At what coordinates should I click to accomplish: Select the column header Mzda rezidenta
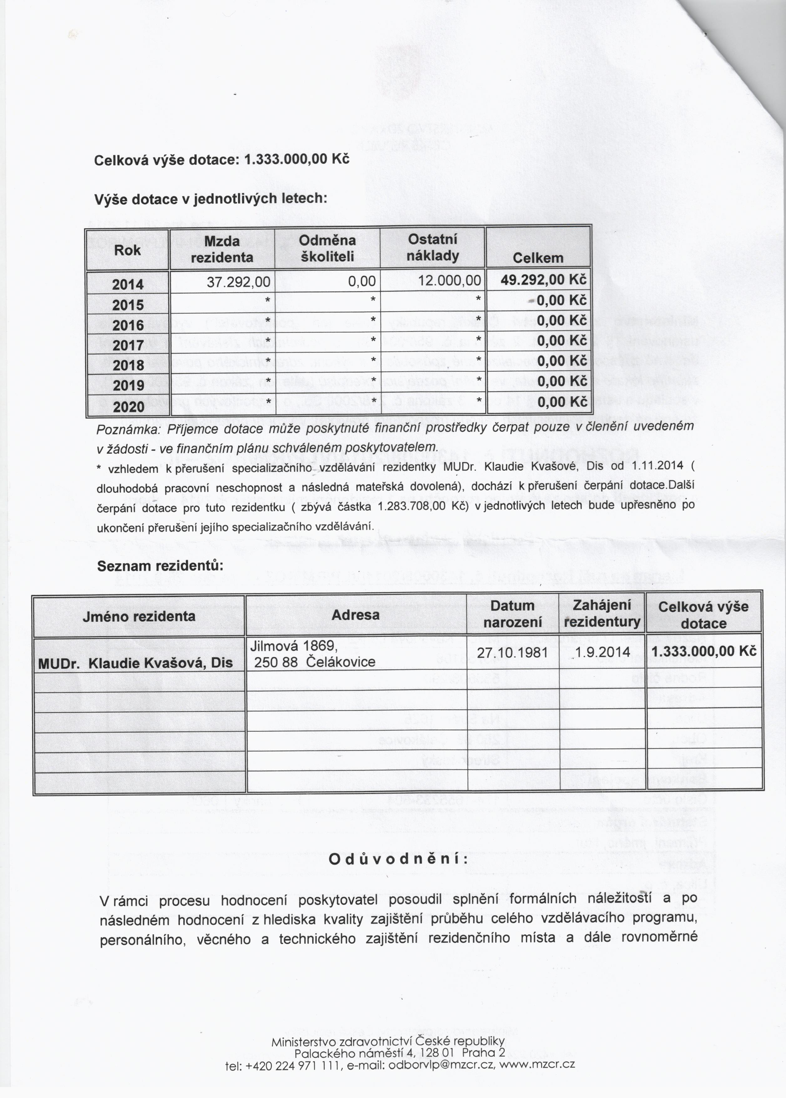(x=222, y=249)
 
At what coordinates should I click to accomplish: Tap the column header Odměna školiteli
(x=328, y=249)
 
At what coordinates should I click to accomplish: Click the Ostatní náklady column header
(x=432, y=247)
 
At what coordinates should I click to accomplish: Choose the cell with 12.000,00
(x=451, y=281)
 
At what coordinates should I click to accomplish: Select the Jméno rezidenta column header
(x=139, y=616)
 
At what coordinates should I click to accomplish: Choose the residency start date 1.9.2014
(x=603, y=652)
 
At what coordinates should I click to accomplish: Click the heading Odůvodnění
(x=398, y=859)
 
